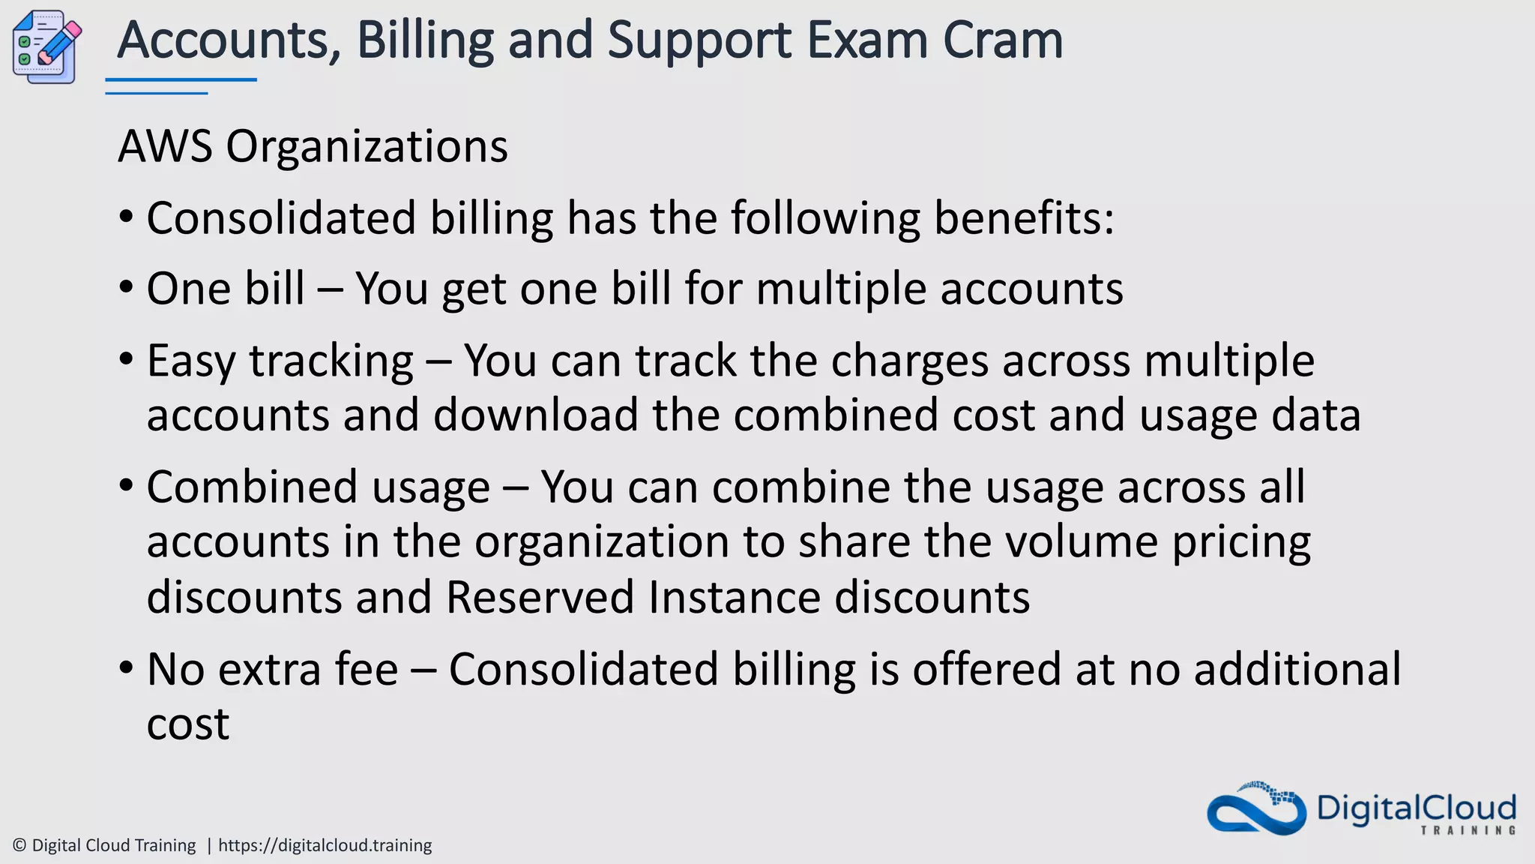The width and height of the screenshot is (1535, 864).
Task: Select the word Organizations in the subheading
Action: (x=367, y=146)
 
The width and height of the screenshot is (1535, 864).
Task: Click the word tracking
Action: (x=331, y=361)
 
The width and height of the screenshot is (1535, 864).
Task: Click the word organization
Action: (x=602, y=541)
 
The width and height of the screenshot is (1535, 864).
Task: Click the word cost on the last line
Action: (x=187, y=724)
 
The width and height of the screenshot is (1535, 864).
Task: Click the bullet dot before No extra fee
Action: (x=126, y=667)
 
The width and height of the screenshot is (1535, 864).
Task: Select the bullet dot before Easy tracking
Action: (x=126, y=358)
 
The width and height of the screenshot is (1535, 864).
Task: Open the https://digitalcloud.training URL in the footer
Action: (x=325, y=845)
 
